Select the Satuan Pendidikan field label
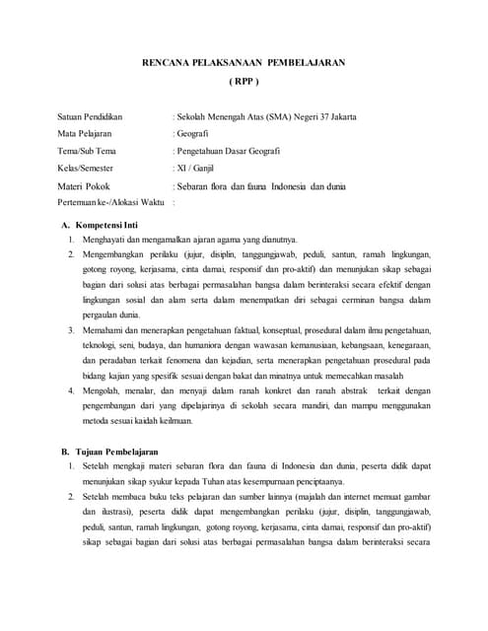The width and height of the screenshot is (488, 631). click(x=98, y=117)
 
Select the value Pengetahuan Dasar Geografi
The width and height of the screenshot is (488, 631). click(x=228, y=151)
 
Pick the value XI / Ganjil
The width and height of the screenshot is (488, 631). click(x=194, y=168)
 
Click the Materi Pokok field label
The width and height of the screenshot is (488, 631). click(x=84, y=185)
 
